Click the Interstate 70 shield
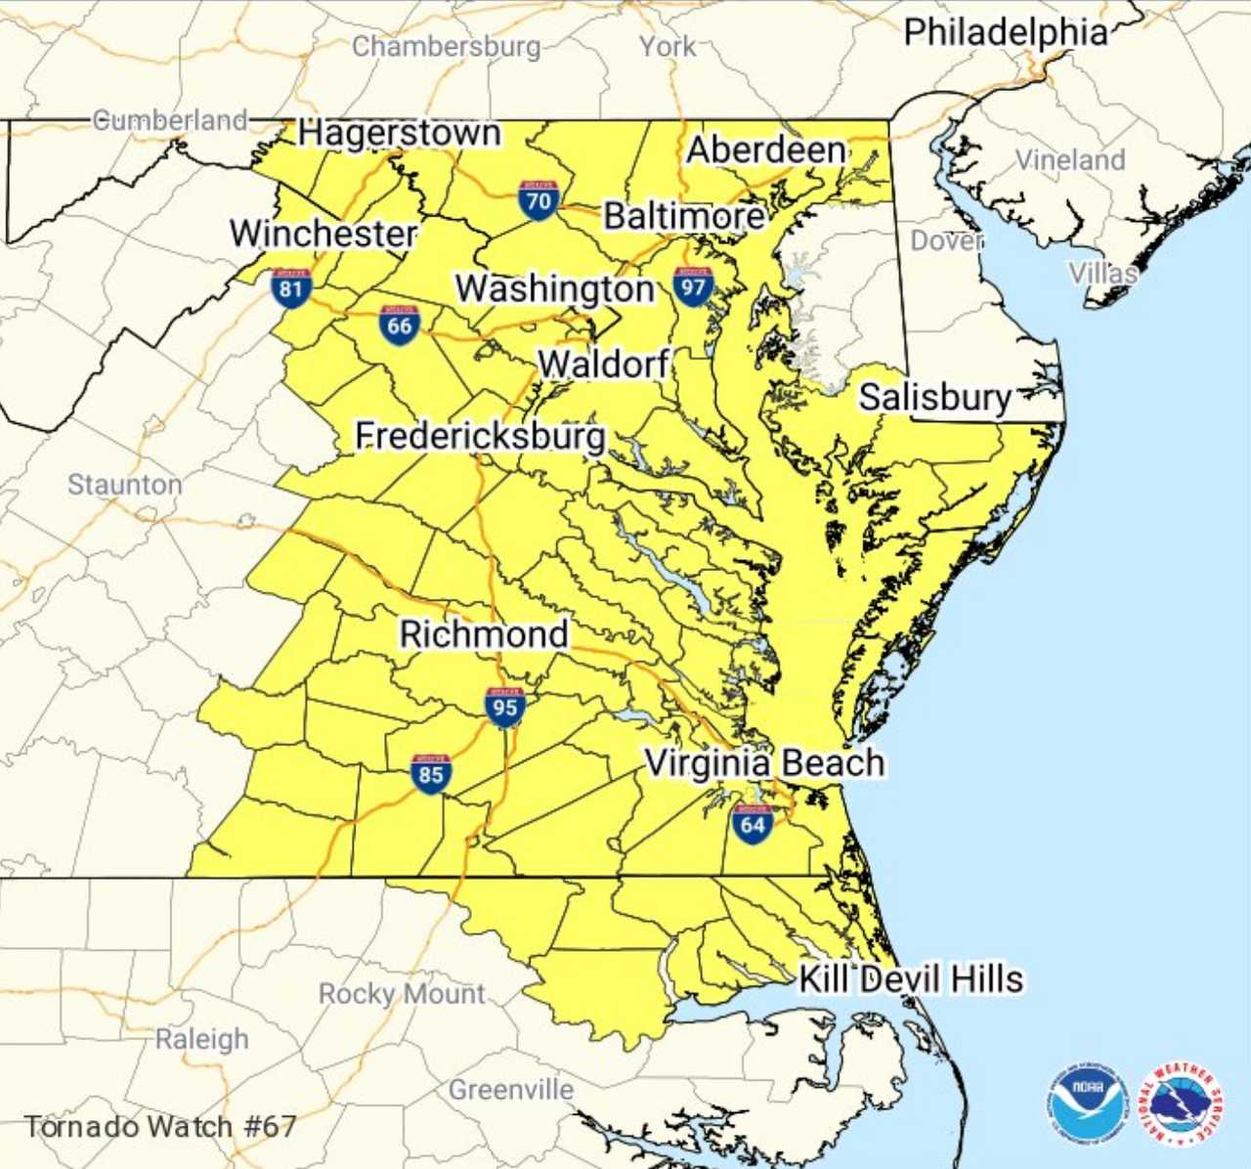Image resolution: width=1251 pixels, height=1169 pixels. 539,199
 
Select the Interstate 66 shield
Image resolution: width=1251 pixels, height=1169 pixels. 400,325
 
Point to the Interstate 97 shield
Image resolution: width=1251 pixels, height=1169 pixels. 693,285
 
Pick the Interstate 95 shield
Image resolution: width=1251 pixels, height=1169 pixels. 504,706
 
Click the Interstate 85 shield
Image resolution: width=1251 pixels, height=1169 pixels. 431,773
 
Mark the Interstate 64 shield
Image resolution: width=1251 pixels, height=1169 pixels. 753,823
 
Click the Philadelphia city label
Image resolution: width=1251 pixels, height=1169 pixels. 1006,32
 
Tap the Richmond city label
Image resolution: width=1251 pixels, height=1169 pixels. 484,634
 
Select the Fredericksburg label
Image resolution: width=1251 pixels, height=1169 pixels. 480,435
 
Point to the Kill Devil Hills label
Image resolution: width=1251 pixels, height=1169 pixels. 911,978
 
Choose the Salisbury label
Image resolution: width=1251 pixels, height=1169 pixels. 935,397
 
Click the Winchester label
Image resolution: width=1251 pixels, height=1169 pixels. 324,234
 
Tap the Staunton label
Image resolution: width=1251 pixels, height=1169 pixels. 124,484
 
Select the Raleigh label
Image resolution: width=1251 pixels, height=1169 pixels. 202,1039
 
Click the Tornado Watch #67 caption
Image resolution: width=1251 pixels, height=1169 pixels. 159,1126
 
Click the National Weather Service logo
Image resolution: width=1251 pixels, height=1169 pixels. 1183,1104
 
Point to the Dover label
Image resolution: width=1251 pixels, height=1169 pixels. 945,240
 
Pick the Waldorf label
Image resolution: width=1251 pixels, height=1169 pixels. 603,364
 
